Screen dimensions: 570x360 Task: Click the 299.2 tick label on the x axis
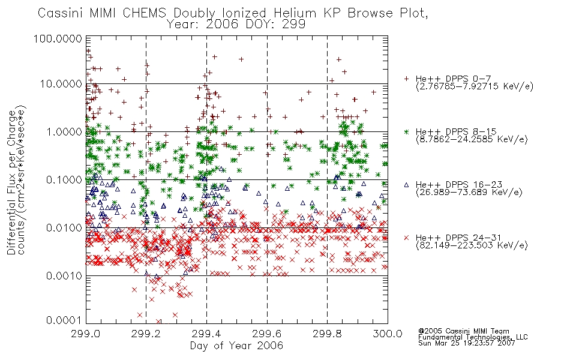click(146, 334)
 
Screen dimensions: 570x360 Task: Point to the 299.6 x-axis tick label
click(267, 334)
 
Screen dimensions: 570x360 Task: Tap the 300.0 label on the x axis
click(388, 334)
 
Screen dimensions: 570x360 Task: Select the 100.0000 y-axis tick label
click(58, 38)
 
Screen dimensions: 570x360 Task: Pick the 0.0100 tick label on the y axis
click(64, 228)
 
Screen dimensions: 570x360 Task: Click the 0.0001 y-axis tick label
click(64, 320)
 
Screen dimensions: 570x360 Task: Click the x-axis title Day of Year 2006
click(236, 345)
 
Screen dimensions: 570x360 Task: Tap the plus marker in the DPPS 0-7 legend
click(406, 79)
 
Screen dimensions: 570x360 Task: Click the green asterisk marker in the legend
click(406, 131)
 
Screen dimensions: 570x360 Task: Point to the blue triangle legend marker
click(406, 185)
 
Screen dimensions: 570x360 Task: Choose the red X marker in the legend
click(406, 238)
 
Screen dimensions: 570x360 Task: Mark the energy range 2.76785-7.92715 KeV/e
click(475, 86)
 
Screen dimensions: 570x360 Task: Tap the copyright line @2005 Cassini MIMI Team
click(463, 331)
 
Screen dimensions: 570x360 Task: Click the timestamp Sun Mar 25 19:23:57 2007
click(466, 343)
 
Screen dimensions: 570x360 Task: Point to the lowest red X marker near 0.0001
click(158, 322)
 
